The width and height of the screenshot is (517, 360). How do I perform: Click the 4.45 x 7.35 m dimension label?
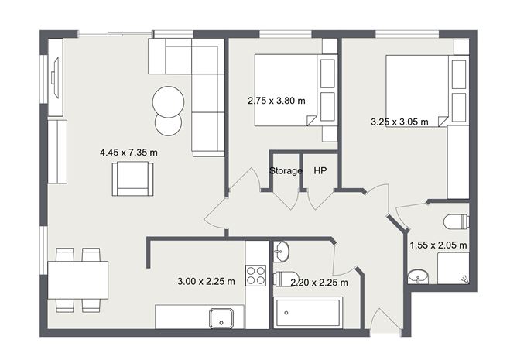(128, 153)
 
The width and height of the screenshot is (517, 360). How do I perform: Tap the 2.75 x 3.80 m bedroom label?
(276, 100)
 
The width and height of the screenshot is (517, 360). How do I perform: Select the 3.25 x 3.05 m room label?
(401, 122)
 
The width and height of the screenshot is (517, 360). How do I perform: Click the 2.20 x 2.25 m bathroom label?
(319, 283)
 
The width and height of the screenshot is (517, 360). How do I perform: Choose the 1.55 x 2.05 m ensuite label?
(438, 245)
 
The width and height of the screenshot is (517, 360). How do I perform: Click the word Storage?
(286, 170)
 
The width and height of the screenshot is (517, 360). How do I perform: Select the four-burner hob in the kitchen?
(256, 276)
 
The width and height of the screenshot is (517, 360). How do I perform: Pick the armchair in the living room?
(133, 180)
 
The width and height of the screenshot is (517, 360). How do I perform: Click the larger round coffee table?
(168, 101)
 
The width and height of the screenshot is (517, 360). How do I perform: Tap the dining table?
(77, 279)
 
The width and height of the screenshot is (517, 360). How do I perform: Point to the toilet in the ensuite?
(457, 222)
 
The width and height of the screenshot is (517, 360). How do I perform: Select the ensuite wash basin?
(419, 275)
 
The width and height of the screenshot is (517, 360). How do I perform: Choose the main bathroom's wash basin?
(282, 251)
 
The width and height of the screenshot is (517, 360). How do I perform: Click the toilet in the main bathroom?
(287, 279)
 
